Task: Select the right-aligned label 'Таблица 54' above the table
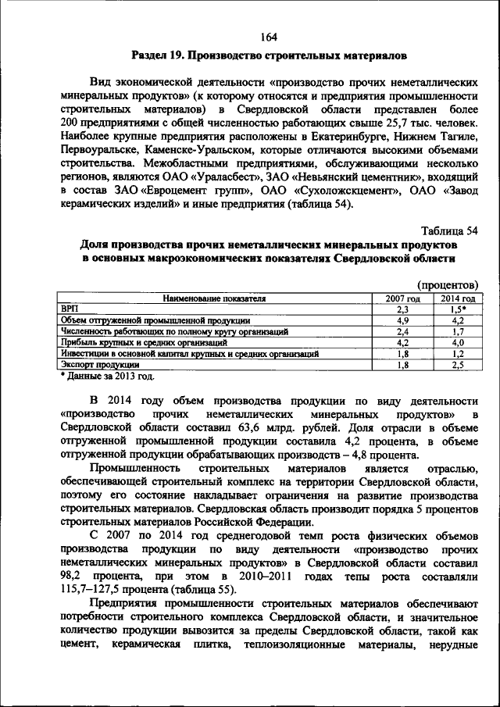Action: pyautogui.click(x=449, y=231)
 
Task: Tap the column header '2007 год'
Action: pyautogui.click(x=403, y=298)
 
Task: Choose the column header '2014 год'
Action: pyautogui.click(x=458, y=298)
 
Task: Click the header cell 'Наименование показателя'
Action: pyautogui.click(x=214, y=298)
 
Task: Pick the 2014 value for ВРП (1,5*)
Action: pyautogui.click(x=458, y=309)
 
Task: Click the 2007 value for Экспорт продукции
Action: pyautogui.click(x=403, y=364)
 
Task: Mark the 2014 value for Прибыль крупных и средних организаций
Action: pyautogui.click(x=458, y=342)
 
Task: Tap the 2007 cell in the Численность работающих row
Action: pyautogui.click(x=403, y=331)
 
